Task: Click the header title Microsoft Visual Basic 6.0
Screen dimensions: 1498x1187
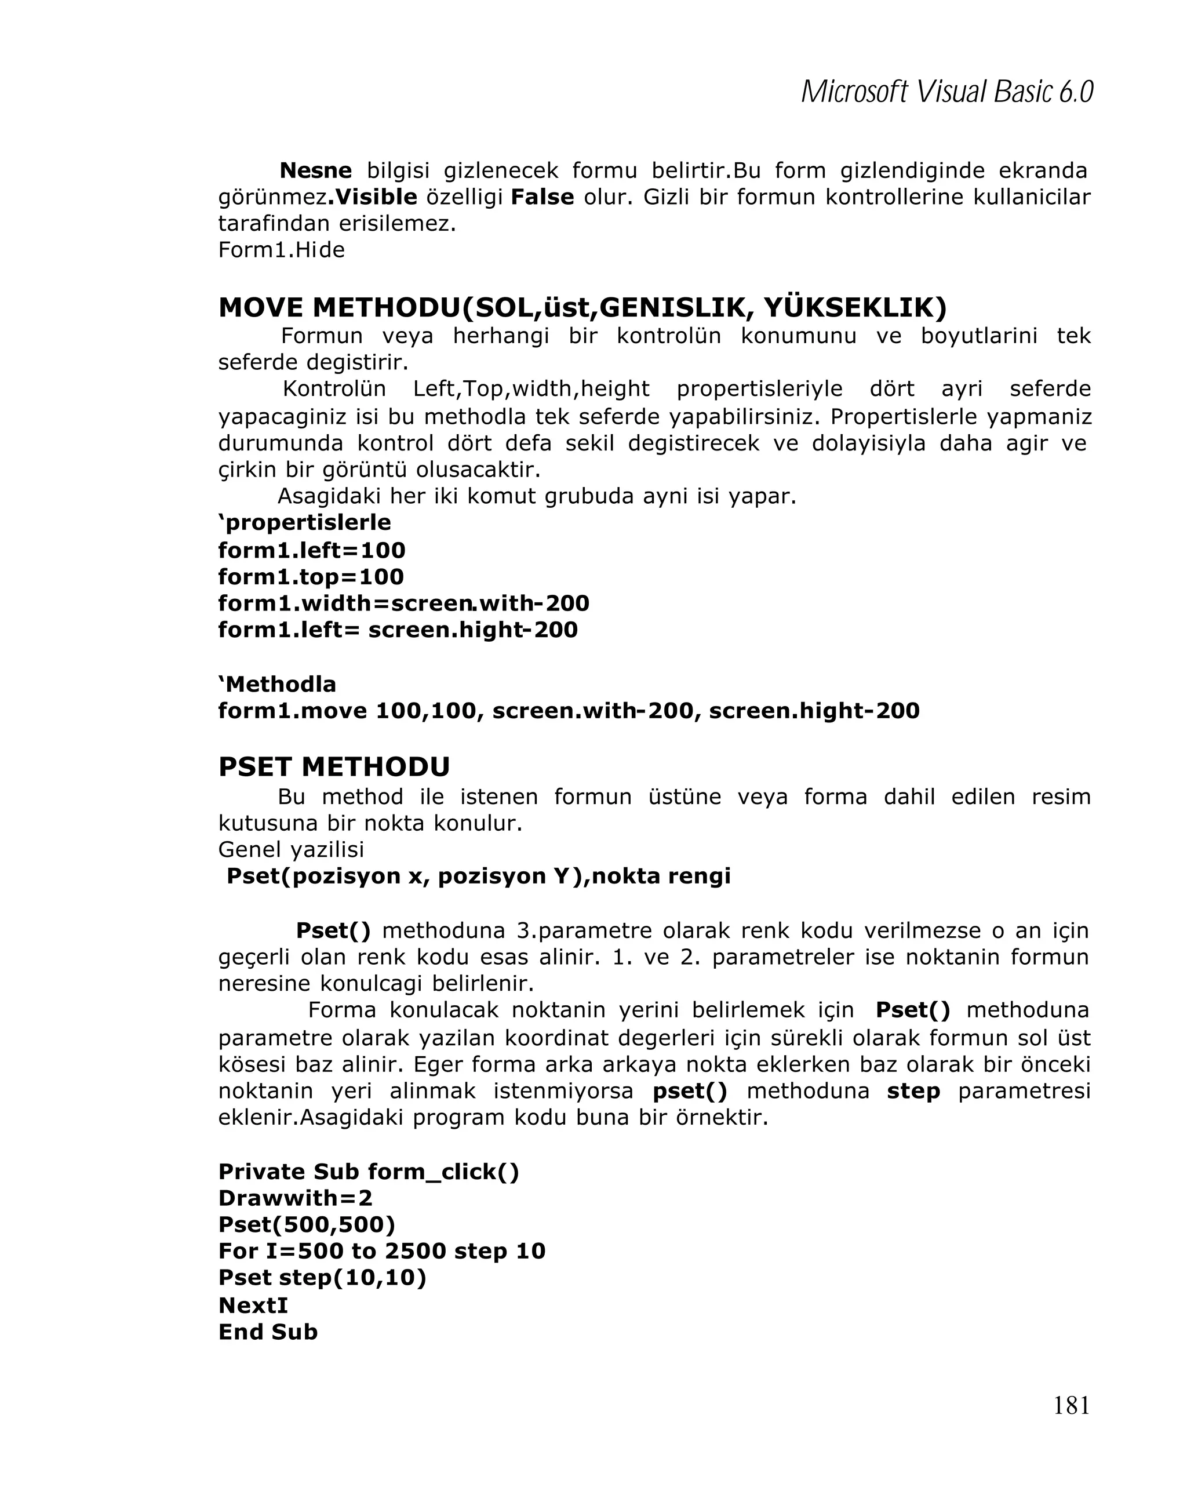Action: coord(946,92)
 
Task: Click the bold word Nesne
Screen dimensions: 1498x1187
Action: coord(315,170)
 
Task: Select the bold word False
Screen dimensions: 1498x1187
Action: coord(542,197)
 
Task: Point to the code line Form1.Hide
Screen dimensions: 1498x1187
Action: coord(281,250)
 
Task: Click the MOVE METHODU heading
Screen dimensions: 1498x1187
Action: coord(582,307)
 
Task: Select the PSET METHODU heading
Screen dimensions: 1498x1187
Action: coord(333,767)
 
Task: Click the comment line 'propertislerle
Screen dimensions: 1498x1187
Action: coord(304,522)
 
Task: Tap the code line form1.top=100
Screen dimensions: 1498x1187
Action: coord(311,577)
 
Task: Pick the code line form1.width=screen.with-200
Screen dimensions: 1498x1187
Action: coord(403,603)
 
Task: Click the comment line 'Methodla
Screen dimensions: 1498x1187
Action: coord(276,685)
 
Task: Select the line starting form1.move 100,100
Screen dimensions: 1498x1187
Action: coord(568,711)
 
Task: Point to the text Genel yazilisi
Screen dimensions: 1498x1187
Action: coord(290,849)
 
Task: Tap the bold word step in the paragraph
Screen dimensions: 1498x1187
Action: coord(913,1092)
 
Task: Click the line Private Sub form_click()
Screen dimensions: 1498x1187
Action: coord(368,1172)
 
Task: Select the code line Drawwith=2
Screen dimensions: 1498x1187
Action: coord(295,1198)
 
